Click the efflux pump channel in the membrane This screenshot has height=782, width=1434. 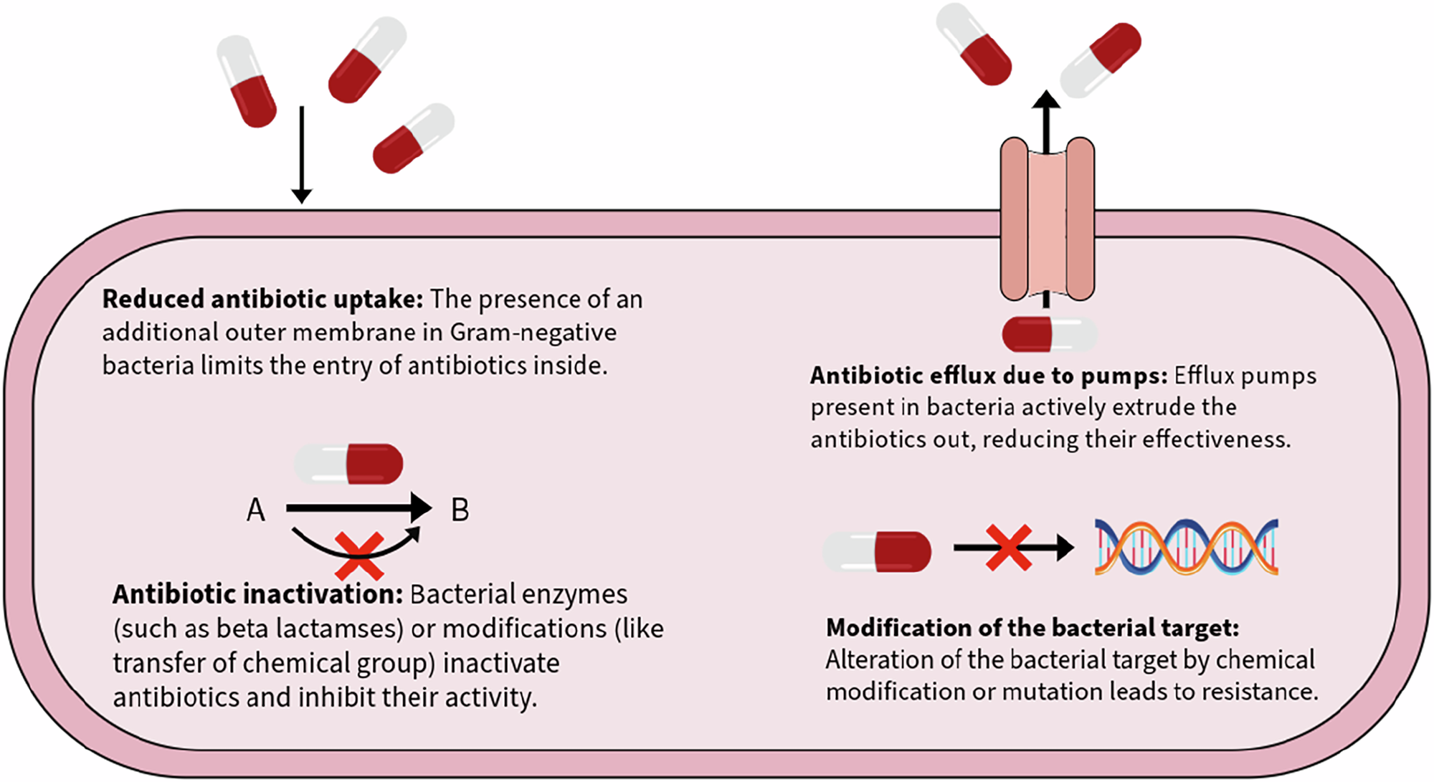(x=1048, y=219)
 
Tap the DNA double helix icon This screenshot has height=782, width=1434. (x=1186, y=547)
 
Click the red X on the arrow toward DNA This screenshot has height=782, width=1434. (x=1009, y=548)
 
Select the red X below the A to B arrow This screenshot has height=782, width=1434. (x=359, y=556)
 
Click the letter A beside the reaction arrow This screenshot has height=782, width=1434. (x=256, y=510)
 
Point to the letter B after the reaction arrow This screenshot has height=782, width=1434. (x=460, y=510)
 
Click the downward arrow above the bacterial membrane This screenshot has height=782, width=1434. (x=302, y=154)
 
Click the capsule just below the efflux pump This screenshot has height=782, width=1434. (x=1049, y=335)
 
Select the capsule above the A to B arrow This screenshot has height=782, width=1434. (x=350, y=464)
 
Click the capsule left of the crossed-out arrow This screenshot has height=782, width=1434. (x=878, y=551)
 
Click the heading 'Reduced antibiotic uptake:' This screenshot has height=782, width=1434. (x=262, y=299)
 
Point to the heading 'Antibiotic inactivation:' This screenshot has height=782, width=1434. (x=258, y=594)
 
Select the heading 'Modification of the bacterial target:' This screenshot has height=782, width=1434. (x=1032, y=628)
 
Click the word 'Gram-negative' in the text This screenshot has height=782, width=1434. (x=533, y=333)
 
